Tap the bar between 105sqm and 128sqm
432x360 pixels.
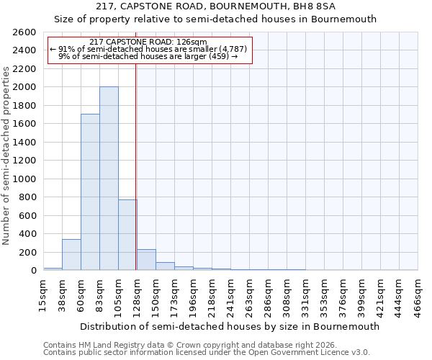[x=127, y=235]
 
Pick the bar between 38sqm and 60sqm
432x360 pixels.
[x=71, y=255]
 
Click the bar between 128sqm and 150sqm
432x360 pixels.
[x=146, y=260]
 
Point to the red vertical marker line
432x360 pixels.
[x=136, y=166]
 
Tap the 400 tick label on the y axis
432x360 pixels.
[x=28, y=234]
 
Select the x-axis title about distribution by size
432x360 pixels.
[x=230, y=326]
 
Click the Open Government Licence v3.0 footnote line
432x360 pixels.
[x=206, y=352]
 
